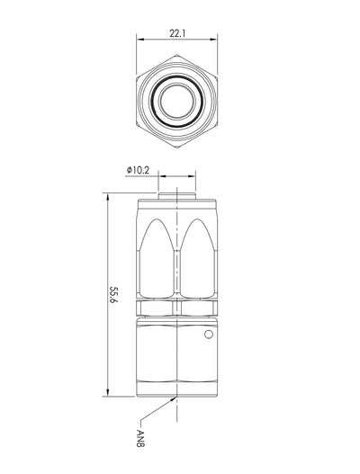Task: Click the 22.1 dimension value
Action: tap(177, 33)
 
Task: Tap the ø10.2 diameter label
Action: tap(138, 170)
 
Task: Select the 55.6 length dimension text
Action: tap(113, 294)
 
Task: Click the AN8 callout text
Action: tap(140, 438)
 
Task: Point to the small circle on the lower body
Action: tap(209, 335)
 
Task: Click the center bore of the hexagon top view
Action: tap(177, 102)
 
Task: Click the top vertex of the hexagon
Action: tap(177, 55)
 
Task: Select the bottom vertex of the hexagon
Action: tap(177, 148)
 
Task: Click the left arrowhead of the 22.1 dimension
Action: tap(139, 40)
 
